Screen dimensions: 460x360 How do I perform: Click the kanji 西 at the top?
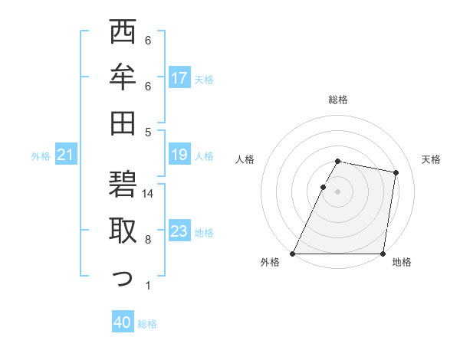(123, 34)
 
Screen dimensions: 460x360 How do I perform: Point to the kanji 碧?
(123, 186)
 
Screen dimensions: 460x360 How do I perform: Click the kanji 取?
(123, 231)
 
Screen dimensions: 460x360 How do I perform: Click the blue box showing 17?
(179, 78)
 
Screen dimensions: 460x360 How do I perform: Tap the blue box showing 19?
(179, 155)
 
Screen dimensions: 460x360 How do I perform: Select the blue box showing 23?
(179, 231)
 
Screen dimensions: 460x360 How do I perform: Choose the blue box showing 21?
(66, 155)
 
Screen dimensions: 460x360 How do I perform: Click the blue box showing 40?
(123, 323)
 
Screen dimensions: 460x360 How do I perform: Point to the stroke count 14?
(149, 194)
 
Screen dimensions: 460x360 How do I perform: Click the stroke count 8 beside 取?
(148, 240)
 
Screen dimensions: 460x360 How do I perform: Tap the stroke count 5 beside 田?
(148, 132)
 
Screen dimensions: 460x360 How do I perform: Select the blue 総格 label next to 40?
(147, 324)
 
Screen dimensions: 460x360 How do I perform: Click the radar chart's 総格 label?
(338, 100)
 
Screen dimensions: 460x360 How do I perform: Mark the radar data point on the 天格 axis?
(396, 172)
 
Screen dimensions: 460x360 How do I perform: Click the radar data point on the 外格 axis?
(293, 254)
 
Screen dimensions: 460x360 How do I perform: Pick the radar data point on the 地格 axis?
(383, 254)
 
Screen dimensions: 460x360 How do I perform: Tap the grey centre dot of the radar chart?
(338, 191)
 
